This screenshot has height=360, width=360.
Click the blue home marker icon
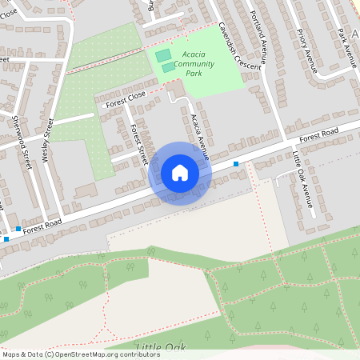pos(179,173)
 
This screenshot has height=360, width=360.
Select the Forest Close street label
pos(123,98)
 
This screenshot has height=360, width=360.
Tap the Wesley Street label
pos(47,143)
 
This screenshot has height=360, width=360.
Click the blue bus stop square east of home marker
pos(236,164)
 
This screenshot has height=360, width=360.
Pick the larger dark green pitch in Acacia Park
pos(163,55)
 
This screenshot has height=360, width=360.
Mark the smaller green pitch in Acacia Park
pos(169,68)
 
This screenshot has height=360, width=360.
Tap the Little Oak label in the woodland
pos(161,346)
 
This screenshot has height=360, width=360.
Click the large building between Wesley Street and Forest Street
pos(86,190)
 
